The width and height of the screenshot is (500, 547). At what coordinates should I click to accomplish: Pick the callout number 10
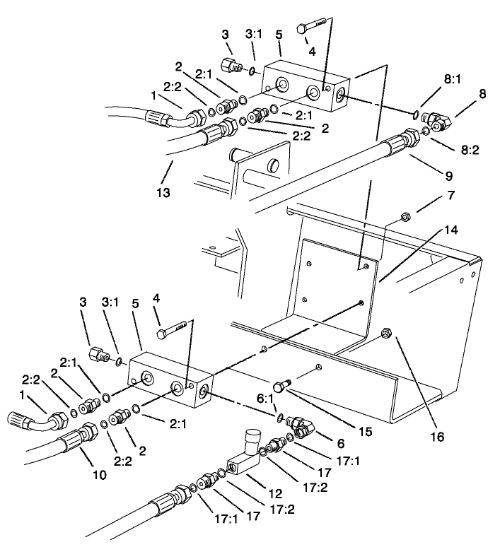click(x=99, y=476)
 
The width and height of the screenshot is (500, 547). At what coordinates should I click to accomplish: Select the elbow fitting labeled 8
click(x=436, y=123)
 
